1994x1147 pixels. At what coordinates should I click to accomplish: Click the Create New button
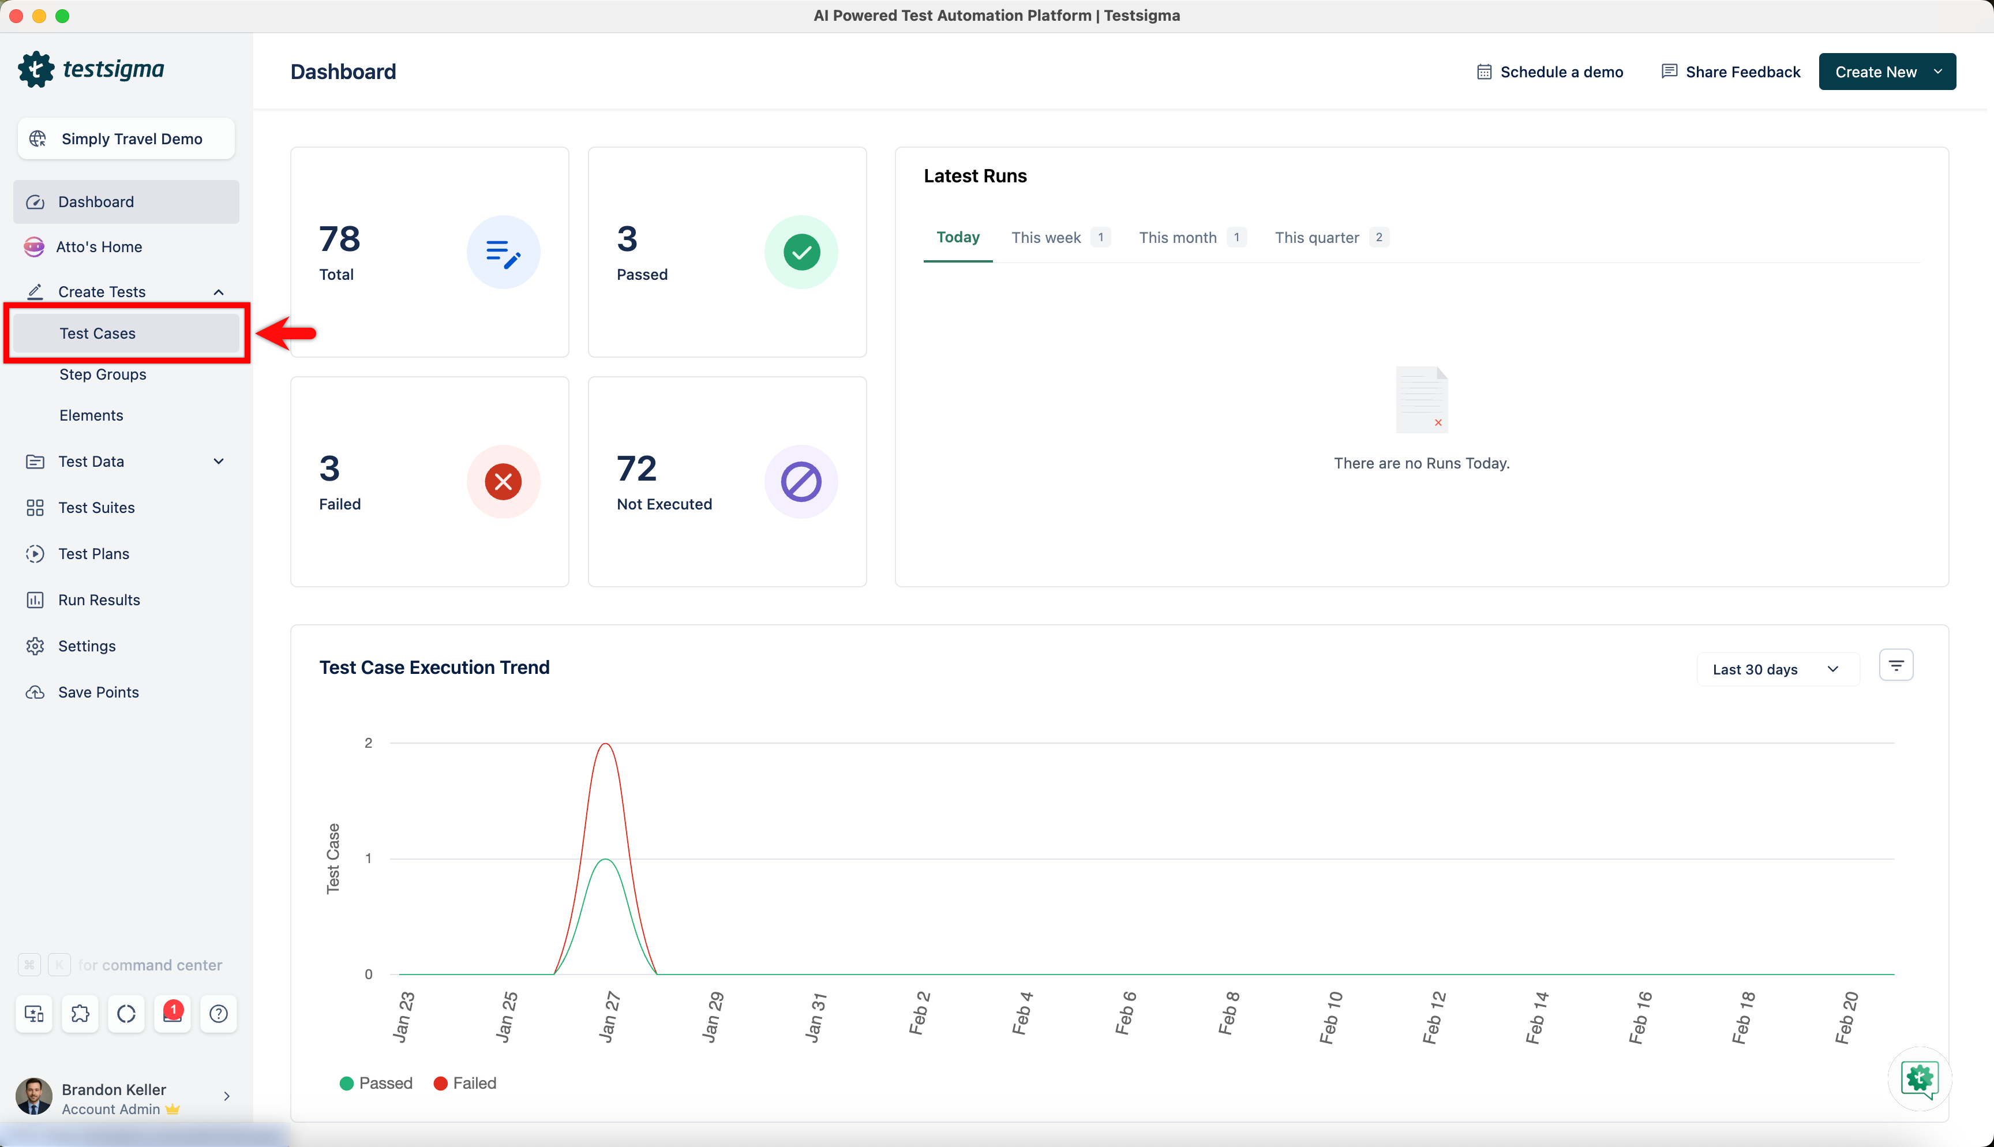point(1887,72)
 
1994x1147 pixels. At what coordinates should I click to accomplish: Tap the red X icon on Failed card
point(503,481)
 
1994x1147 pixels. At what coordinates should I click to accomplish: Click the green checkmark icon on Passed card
point(801,252)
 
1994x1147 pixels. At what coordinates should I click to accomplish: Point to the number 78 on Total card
point(339,239)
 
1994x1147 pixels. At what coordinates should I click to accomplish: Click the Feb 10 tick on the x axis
point(1330,1017)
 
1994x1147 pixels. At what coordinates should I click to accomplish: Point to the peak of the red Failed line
point(605,744)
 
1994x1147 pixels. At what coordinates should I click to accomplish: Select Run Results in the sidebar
point(99,599)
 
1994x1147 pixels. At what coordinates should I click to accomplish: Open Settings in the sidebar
point(87,646)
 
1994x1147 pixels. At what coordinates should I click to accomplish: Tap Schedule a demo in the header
point(1550,72)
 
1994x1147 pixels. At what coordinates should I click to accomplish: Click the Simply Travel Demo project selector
point(126,138)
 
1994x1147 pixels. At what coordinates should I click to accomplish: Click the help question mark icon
point(219,1013)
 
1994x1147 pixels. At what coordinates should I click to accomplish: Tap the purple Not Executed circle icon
point(801,481)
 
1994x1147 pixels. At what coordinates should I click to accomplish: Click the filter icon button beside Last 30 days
point(1895,666)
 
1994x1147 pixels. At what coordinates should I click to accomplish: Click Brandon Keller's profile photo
point(34,1097)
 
